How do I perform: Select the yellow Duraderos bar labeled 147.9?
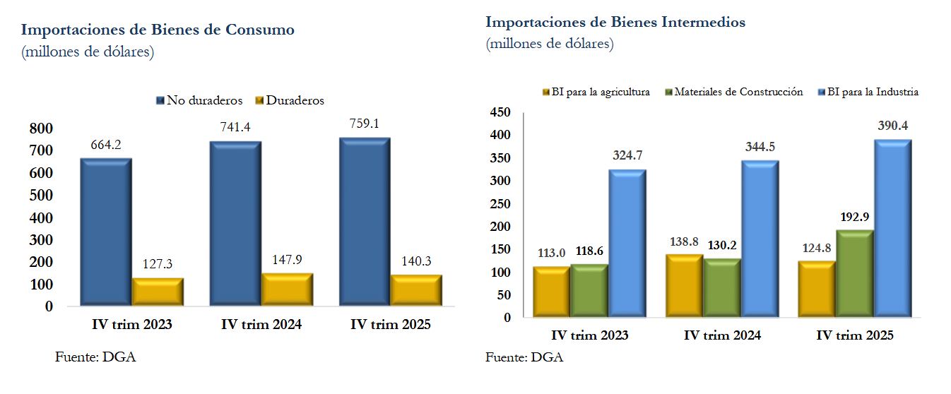(287, 289)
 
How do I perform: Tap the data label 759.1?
(365, 124)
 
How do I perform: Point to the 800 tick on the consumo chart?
(41, 129)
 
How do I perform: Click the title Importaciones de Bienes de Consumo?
(158, 30)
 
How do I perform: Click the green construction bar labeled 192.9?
(855, 273)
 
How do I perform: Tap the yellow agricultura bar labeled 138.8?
(685, 285)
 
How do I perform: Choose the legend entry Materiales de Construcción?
(734, 92)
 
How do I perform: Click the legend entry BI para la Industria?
(874, 92)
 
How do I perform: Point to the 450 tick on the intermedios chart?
(500, 112)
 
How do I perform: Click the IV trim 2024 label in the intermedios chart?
(722, 336)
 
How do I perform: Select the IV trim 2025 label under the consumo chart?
(390, 325)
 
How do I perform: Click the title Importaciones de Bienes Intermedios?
(615, 22)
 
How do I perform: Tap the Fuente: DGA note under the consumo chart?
(95, 357)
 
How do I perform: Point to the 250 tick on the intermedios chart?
(500, 203)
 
